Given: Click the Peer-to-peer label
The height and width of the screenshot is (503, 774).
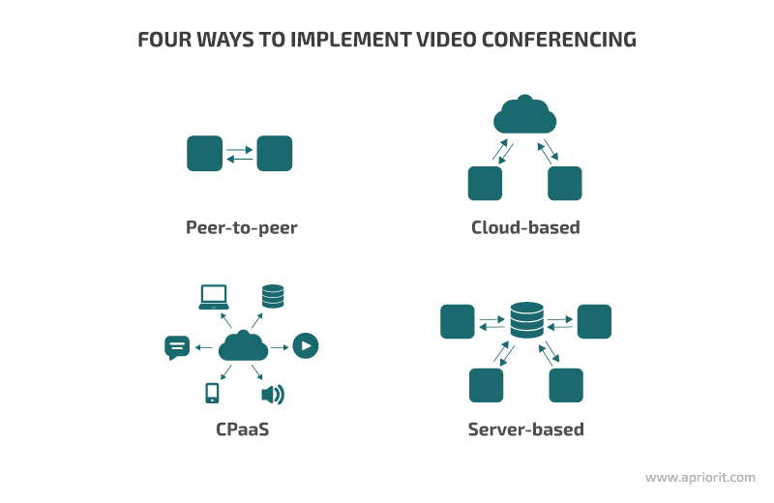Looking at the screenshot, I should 241,228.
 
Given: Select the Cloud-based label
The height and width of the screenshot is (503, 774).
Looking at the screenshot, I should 525,228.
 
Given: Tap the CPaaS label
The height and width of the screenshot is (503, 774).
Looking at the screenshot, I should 241,429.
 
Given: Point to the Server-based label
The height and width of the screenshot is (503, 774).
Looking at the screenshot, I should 525,429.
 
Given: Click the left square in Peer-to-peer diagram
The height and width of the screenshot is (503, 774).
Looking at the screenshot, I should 204,154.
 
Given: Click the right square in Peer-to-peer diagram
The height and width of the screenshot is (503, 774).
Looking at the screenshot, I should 275,154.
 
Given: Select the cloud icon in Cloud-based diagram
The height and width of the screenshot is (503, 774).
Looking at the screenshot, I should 525,116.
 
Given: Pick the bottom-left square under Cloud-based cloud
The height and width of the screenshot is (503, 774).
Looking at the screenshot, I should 485,184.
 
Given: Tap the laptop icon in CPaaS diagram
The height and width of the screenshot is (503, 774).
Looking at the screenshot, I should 213,297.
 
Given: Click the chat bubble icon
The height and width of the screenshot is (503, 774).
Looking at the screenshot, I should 177,346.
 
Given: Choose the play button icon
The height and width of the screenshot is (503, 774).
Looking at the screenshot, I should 306,345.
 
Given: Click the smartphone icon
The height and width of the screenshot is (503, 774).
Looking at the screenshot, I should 212,393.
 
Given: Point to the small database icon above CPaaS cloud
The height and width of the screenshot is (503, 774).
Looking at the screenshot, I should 273,296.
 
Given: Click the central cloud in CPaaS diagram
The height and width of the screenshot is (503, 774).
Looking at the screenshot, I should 242,345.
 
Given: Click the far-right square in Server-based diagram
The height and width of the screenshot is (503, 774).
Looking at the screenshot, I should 594,321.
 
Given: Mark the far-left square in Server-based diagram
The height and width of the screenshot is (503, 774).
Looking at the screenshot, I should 458,321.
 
